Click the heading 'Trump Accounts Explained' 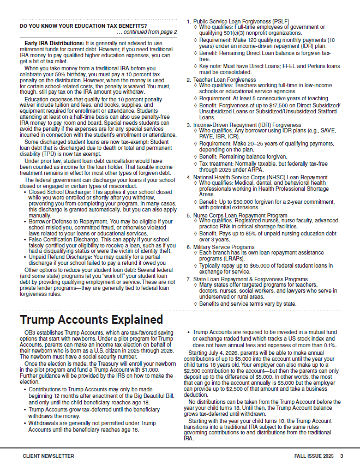(x=91, y=319)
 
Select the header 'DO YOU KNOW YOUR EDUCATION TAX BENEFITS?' (x=83, y=26)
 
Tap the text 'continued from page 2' (x=148, y=32)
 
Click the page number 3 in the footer (x=341, y=456)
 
